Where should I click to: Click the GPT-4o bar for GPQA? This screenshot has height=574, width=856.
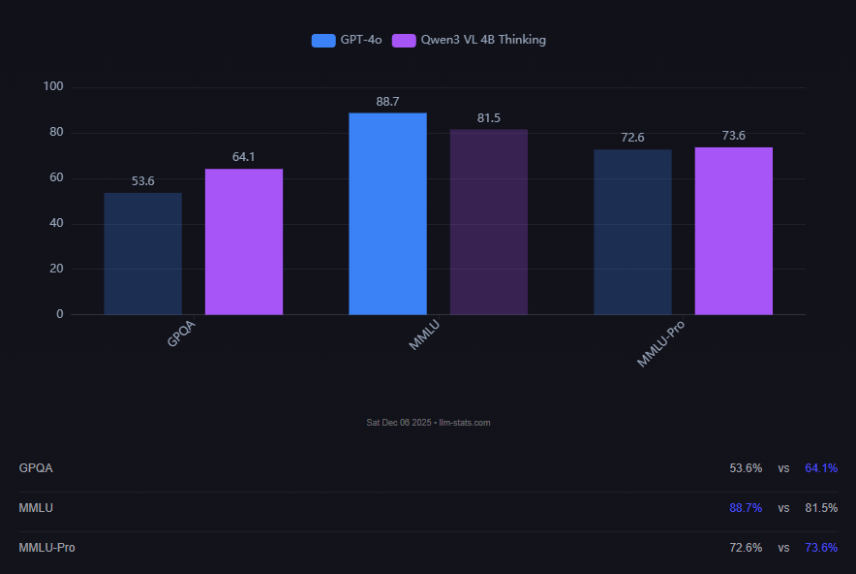(142, 253)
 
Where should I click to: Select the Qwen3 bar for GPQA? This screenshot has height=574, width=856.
(244, 241)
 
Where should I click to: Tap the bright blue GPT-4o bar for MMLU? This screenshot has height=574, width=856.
(387, 213)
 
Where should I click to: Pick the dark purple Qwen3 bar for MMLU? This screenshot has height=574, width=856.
(489, 222)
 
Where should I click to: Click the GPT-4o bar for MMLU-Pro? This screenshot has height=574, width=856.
(632, 232)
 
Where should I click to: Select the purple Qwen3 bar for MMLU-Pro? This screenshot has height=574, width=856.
(734, 231)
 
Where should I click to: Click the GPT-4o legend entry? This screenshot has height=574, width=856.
(347, 40)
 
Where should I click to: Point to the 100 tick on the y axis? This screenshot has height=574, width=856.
(53, 87)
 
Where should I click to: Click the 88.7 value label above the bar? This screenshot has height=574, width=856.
(387, 102)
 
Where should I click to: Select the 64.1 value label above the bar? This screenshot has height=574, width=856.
(244, 156)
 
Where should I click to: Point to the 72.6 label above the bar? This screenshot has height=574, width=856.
(632, 138)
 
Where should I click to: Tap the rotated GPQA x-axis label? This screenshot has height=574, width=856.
(180, 335)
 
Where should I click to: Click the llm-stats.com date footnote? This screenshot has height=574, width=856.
(428, 423)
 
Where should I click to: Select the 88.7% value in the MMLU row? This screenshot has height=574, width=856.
(745, 508)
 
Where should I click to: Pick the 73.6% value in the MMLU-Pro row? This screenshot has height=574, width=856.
(820, 548)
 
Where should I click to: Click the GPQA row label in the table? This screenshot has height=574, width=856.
(36, 468)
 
